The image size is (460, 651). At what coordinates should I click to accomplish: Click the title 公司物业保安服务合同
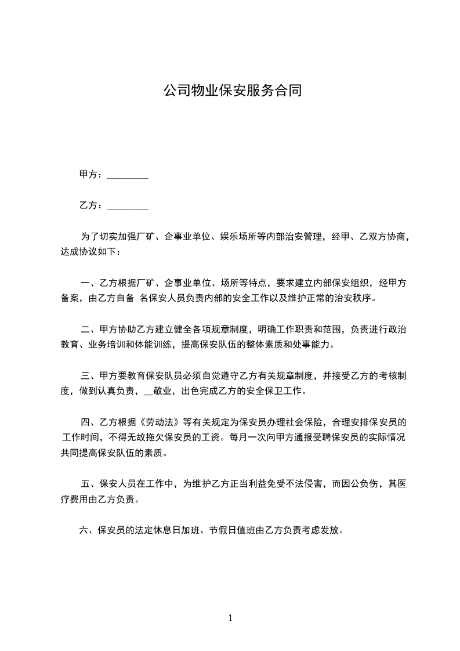click(232, 91)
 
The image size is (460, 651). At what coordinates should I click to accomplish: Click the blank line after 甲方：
click(128, 175)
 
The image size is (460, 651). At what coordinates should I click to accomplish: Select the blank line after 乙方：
click(128, 206)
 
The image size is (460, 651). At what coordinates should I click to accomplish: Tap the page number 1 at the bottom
click(230, 618)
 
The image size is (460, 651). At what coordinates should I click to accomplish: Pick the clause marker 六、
click(87, 530)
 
